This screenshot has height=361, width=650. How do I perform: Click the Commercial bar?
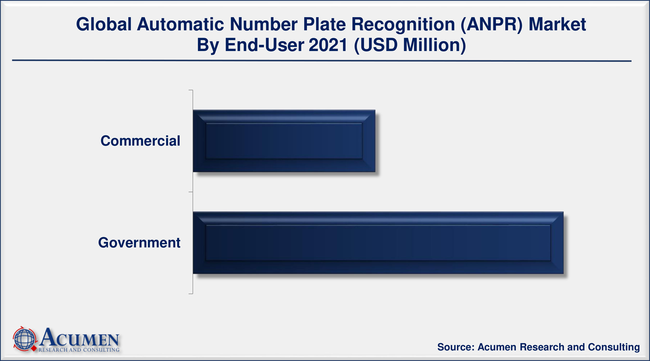284,141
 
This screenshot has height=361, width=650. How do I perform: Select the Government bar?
378,243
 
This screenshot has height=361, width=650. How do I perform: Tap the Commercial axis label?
140,141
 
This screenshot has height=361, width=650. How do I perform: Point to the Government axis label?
139,243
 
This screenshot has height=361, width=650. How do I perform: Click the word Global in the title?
104,25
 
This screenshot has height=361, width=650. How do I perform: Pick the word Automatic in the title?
180,25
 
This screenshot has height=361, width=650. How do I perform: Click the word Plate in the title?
325,25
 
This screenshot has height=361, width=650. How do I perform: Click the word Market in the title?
557,25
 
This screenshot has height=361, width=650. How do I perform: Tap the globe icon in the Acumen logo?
25,339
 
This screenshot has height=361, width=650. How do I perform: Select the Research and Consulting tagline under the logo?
79,350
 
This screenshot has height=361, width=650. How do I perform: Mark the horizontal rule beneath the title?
322,61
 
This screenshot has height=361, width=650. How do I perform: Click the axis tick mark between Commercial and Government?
191,192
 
